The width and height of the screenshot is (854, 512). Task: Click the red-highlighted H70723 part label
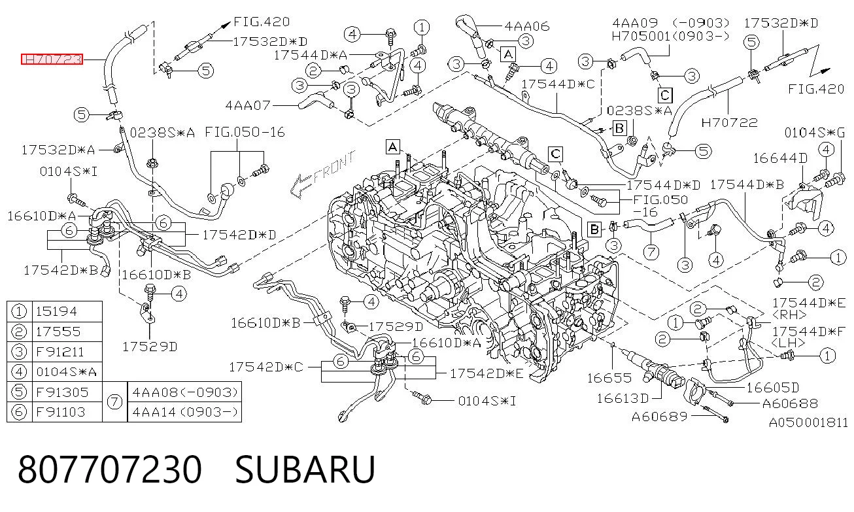click(52, 59)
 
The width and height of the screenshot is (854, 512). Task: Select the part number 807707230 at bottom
click(110, 469)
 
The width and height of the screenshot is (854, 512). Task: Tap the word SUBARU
click(305, 469)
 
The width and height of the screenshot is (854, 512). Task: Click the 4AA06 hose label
click(527, 26)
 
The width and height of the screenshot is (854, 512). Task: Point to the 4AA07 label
click(248, 105)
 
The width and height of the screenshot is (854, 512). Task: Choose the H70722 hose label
click(729, 122)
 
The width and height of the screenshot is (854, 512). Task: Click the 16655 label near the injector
click(609, 378)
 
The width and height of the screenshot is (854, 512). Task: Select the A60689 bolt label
click(660, 417)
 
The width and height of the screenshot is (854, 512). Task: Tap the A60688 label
click(790, 403)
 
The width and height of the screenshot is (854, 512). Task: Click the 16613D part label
click(623, 398)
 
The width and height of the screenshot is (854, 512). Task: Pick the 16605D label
click(773, 388)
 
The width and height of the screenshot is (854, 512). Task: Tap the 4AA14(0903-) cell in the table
click(185, 412)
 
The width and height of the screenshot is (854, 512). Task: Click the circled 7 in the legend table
click(114, 402)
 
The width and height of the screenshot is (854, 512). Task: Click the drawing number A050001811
click(808, 422)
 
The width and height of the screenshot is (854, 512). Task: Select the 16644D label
click(780, 158)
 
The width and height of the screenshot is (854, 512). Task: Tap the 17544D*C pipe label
click(558, 84)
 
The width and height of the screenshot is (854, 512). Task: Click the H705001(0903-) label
click(670, 36)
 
